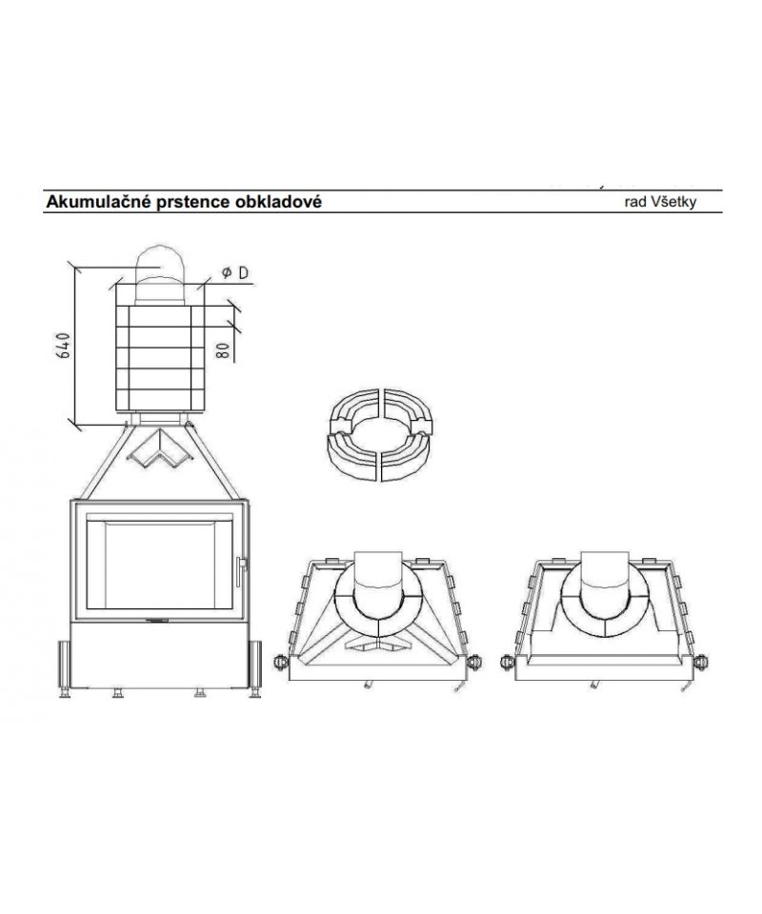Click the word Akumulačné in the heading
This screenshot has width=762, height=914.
(x=97, y=202)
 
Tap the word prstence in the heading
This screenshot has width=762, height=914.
(x=191, y=203)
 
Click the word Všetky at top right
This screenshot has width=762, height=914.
(x=674, y=202)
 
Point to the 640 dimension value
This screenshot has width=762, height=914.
(x=64, y=345)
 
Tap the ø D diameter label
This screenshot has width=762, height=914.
(x=235, y=272)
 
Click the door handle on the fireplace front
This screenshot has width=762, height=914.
(x=241, y=570)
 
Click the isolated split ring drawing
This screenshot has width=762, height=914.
(x=381, y=434)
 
